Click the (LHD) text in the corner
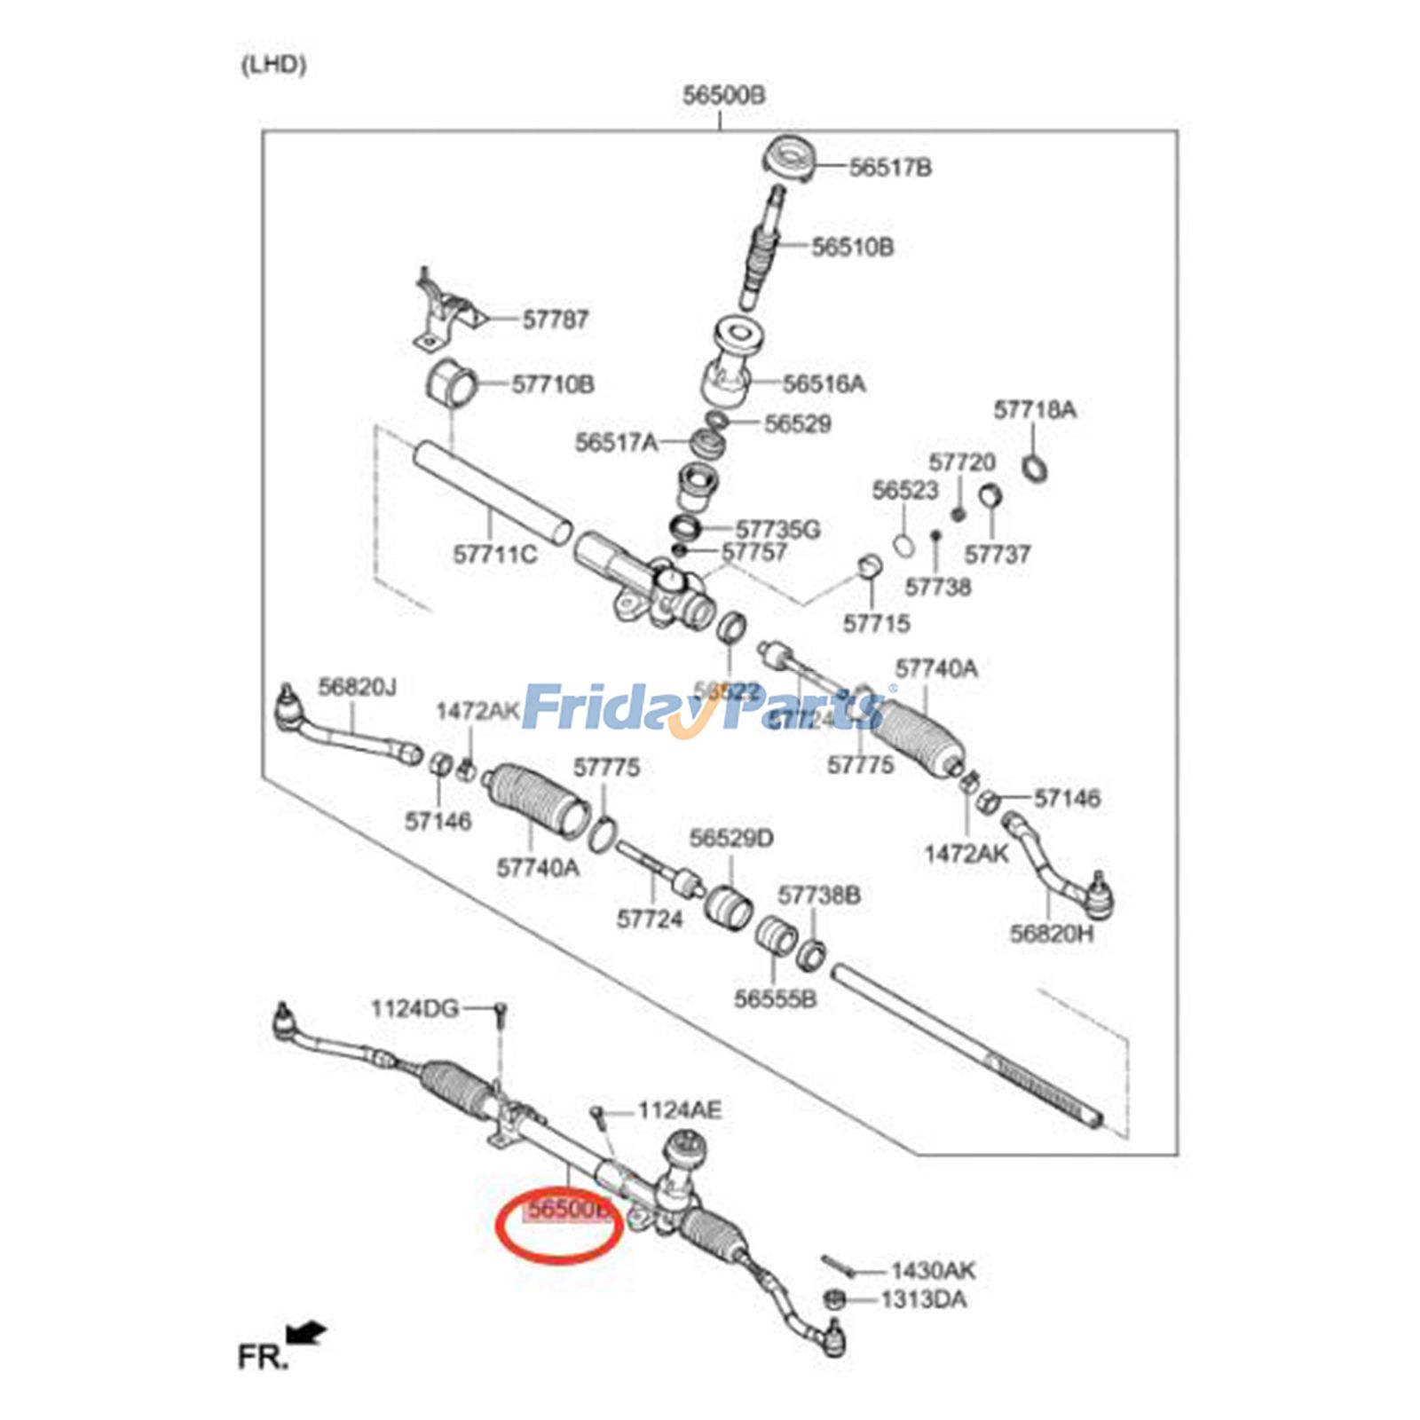tap(273, 65)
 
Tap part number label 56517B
tap(890, 168)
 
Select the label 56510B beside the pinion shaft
tap(853, 248)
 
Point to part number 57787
tap(555, 319)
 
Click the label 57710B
tap(553, 385)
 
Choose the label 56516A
tap(824, 384)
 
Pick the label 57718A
tap(1034, 410)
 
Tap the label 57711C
tap(494, 556)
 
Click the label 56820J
tap(357, 687)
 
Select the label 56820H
tap(1052, 934)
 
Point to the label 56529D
tap(731, 839)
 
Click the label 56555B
tap(775, 999)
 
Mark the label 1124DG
tap(414, 1009)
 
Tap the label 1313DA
tap(924, 1300)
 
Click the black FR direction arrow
tap(306, 1333)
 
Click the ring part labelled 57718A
tap(1033, 466)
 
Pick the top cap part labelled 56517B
tap(788, 162)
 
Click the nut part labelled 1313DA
tap(833, 1299)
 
